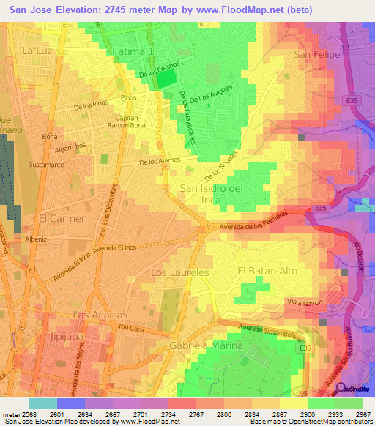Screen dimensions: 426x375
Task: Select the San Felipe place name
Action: [313, 54]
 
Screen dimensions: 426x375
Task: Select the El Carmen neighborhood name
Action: [63, 218]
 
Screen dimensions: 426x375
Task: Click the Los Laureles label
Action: [179, 272]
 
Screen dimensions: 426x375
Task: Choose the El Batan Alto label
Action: [267, 271]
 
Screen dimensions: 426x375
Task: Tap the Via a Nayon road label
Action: [305, 302]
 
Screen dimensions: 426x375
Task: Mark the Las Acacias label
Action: [101, 314]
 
